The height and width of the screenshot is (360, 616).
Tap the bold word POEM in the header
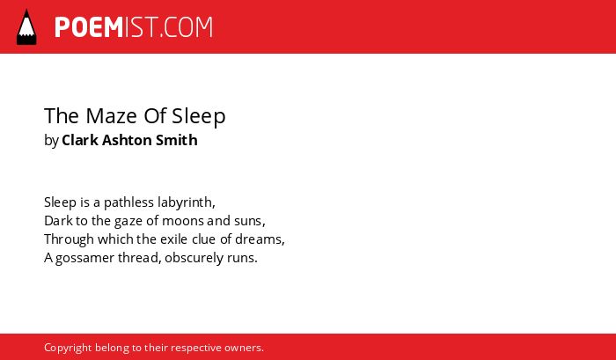coord(89,27)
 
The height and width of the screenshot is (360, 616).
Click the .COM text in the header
coord(186,27)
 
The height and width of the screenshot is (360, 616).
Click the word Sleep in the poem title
coord(199,117)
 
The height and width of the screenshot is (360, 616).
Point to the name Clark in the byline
coord(80,140)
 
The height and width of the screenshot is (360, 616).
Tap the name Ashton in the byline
coord(127,140)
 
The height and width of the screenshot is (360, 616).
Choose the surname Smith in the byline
coord(176,140)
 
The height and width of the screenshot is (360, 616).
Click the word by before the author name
coord(51,141)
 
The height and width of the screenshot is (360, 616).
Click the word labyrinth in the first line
coord(185,202)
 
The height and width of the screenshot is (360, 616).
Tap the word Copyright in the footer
coord(68,349)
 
